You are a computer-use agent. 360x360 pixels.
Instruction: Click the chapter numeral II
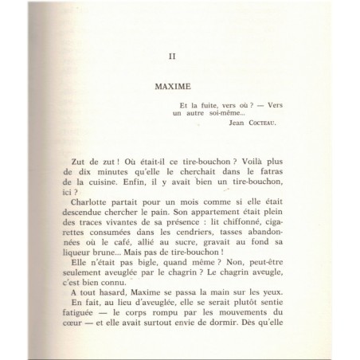[179, 56]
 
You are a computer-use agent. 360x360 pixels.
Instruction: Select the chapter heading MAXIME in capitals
[179, 83]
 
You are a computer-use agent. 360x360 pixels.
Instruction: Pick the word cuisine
[112, 182]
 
